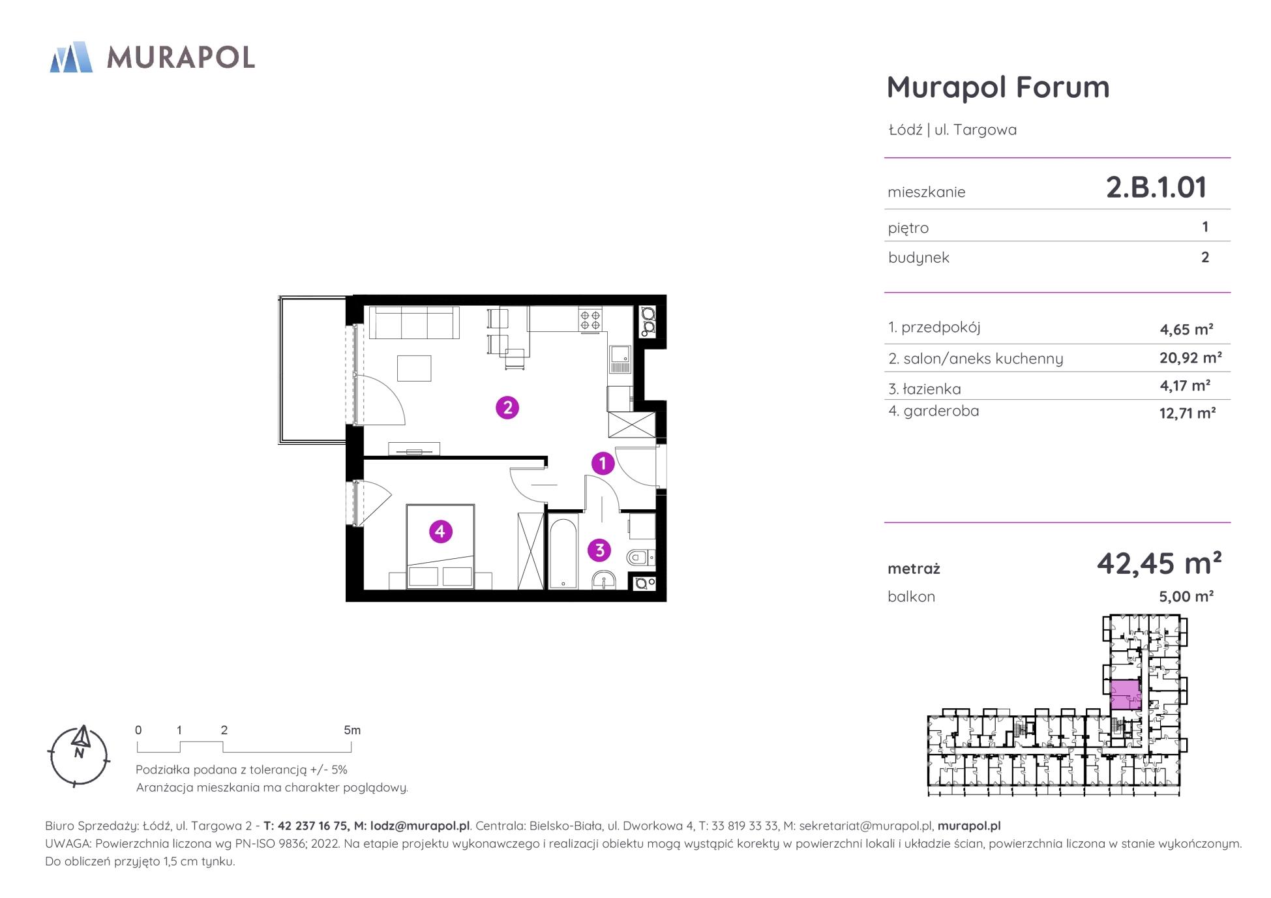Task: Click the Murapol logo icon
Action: coord(71,57)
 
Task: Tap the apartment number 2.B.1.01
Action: coord(1156,187)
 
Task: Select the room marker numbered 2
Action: coord(507,408)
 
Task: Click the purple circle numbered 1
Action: coord(603,464)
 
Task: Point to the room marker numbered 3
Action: coord(600,550)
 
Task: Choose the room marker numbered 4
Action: coord(440,531)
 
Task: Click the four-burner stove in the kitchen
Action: coord(591,320)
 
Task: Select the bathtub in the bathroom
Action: coord(562,553)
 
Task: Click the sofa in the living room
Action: coord(414,323)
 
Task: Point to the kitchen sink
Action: coord(620,359)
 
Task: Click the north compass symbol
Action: coord(80,756)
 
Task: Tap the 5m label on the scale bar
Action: coord(352,730)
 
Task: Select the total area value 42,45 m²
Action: coord(1159,563)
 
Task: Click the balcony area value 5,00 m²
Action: coord(1186,596)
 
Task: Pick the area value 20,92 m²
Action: coord(1190,357)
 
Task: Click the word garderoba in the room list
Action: coord(941,411)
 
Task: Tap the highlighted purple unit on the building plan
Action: coord(1126,695)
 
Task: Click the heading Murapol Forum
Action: coord(998,87)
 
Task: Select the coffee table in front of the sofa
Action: coord(414,368)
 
